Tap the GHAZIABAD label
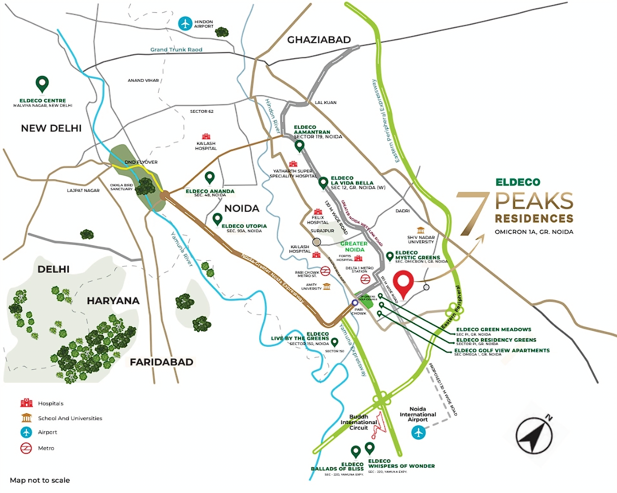[319, 40]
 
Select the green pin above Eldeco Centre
[42, 84]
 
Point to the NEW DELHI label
[51, 128]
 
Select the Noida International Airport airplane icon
[418, 432]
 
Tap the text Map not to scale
[40, 480]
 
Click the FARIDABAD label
[161, 362]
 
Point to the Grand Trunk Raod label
[176, 49]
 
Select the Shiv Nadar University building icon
[420, 230]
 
